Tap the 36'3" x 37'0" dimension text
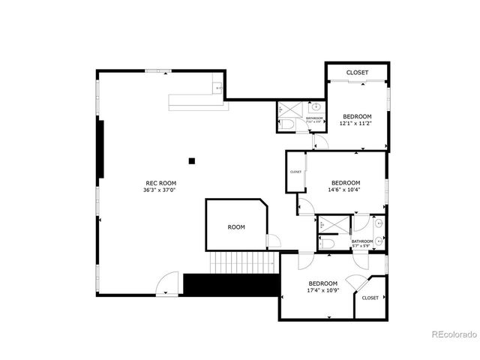[x=160, y=190]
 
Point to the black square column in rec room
[x=192, y=160]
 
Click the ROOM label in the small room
[x=236, y=226]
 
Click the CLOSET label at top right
[x=357, y=73]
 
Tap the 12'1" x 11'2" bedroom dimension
[x=356, y=124]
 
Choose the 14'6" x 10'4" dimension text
[x=345, y=190]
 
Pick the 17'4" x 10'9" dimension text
[x=322, y=289]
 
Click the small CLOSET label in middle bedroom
[x=295, y=172]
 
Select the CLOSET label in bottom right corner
[x=370, y=298]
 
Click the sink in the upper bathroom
[x=316, y=106]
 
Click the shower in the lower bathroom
[x=328, y=224]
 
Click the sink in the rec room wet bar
[x=219, y=88]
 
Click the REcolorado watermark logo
[x=451, y=334]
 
